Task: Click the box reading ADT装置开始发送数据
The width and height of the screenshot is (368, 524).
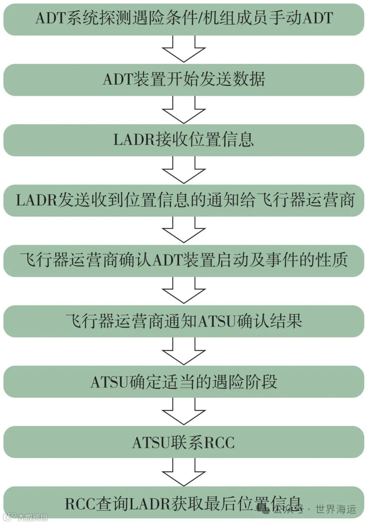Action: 184,79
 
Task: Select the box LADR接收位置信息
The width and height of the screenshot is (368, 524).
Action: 184,140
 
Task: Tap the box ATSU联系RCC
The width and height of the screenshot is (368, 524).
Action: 184,442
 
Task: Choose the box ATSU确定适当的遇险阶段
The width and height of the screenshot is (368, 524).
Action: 184,382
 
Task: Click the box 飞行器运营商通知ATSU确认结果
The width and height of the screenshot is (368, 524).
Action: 184,321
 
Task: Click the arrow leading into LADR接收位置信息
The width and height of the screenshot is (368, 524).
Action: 184,110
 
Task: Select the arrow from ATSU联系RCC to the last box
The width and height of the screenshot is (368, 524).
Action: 184,473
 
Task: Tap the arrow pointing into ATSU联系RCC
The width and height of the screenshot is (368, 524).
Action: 184,412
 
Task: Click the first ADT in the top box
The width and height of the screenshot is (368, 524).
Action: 50,18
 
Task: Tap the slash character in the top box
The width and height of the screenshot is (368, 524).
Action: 200,18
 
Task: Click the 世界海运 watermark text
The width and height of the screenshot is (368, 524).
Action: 336,509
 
